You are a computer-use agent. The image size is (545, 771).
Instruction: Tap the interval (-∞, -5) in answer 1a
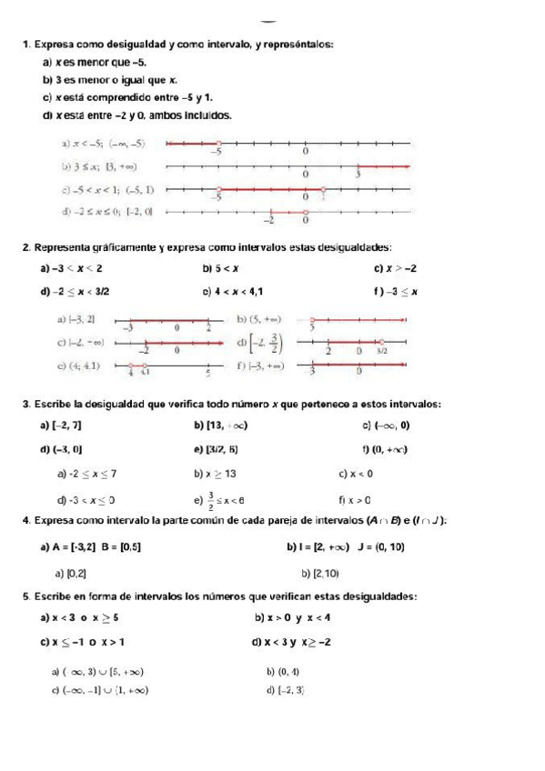tap(128, 143)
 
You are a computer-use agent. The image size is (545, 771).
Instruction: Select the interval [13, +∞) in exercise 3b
tap(227, 426)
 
